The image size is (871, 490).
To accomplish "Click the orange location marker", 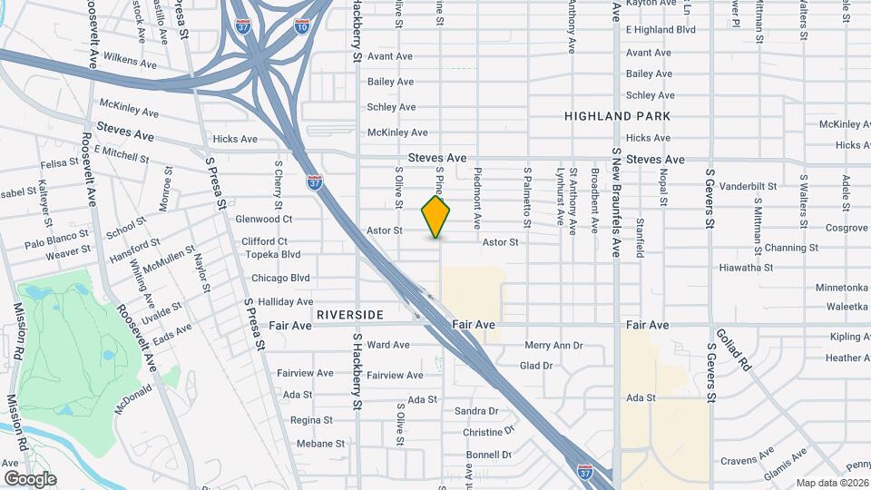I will pyautogui.click(x=436, y=217).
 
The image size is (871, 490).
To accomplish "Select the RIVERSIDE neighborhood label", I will pyautogui.click(x=350, y=315).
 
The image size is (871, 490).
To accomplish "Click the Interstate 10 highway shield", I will pyautogui.click(x=301, y=28).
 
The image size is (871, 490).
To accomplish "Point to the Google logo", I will pyautogui.click(x=29, y=478).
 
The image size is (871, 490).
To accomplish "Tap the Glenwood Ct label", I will pyautogui.click(x=264, y=219).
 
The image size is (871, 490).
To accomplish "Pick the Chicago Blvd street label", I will pyautogui.click(x=280, y=278).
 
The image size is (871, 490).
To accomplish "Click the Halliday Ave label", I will pyautogui.click(x=286, y=301).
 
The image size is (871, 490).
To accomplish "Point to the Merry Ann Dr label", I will pyautogui.click(x=553, y=345).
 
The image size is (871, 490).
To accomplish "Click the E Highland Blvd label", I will pyautogui.click(x=661, y=30).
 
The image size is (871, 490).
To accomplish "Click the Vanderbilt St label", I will pyautogui.click(x=748, y=186).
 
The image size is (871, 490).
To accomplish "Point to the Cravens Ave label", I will pyautogui.click(x=745, y=461).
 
